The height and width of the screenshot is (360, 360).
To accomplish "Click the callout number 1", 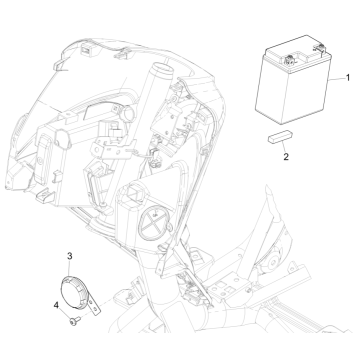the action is click(348, 77).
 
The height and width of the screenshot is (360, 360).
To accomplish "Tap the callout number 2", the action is click(285, 157).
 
